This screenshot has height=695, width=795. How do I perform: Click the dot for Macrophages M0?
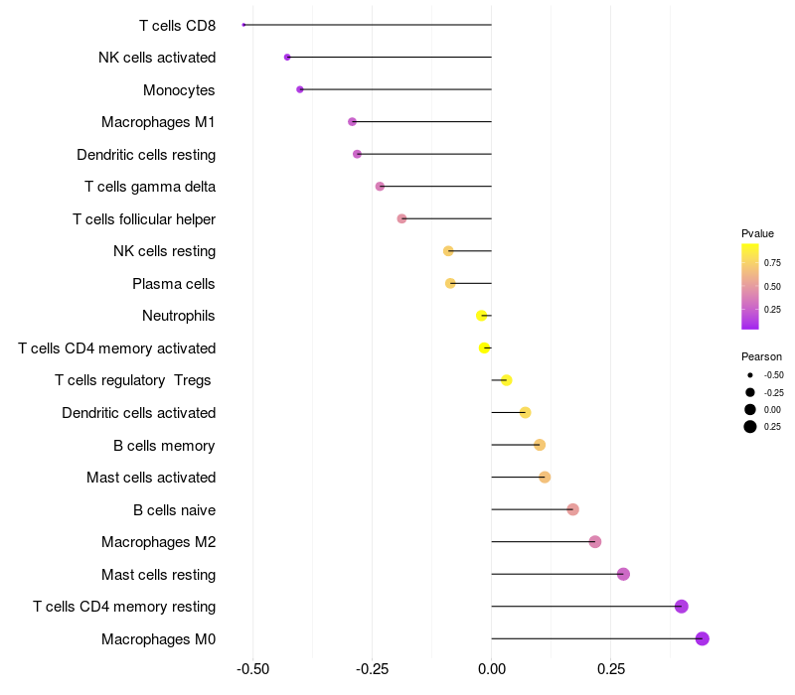click(703, 638)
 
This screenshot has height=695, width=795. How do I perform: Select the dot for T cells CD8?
click(243, 25)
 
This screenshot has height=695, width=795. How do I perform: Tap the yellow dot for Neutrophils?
click(482, 316)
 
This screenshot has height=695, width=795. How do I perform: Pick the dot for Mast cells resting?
click(623, 574)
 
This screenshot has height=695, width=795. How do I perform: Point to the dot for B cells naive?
click(572, 509)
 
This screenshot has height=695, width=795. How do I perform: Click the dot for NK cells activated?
click(287, 58)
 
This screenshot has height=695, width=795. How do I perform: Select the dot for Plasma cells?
click(450, 283)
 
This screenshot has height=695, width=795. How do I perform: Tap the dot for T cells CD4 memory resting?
click(682, 607)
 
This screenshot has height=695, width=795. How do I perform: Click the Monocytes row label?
click(179, 90)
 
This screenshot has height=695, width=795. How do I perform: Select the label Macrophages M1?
click(158, 122)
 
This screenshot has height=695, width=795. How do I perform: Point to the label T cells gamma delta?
click(150, 187)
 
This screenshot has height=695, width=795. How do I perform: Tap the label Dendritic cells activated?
click(138, 413)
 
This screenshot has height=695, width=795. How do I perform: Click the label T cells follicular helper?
click(144, 219)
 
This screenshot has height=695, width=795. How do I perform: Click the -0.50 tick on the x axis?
click(253, 669)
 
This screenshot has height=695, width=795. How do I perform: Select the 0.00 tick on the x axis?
click(492, 669)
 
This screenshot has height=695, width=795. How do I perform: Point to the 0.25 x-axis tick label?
click(611, 669)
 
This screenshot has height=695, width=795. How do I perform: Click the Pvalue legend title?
click(757, 233)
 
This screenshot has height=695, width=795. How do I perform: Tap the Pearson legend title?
click(761, 356)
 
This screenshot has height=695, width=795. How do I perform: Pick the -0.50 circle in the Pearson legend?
click(750, 375)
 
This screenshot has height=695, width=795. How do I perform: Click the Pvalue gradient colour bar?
click(750, 286)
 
